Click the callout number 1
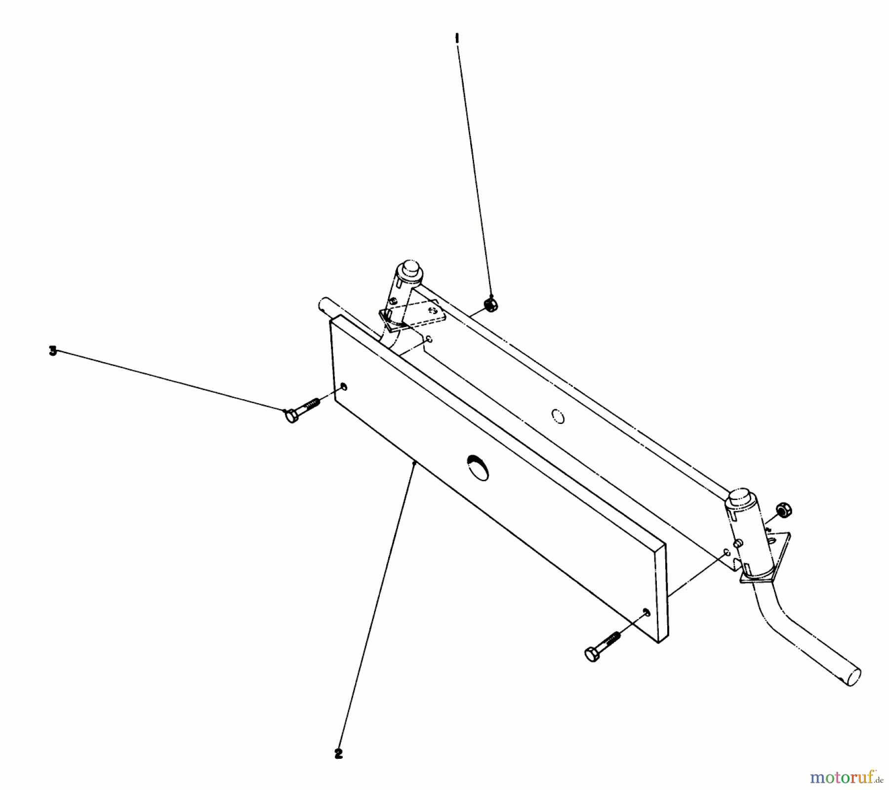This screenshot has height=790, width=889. click(x=457, y=38)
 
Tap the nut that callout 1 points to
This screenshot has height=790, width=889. click(x=490, y=304)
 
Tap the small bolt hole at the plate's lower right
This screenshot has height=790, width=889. click(x=646, y=613)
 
